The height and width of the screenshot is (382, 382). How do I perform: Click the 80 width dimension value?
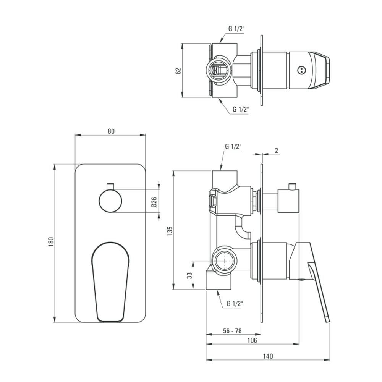[x=111, y=131]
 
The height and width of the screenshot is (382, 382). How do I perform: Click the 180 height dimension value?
[x=51, y=242]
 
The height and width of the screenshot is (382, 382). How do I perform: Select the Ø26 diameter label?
[x=154, y=202]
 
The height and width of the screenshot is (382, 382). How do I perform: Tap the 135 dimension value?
[x=170, y=231]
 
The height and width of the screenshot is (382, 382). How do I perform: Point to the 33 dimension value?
[x=189, y=275]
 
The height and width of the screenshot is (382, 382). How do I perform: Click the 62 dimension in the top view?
[x=178, y=71]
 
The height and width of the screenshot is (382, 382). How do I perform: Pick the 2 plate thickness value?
[x=277, y=151]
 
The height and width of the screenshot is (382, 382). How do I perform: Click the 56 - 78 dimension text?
[x=232, y=330]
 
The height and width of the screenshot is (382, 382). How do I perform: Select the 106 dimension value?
[x=252, y=340]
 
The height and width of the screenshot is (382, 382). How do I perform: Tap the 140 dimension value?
[x=268, y=356]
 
